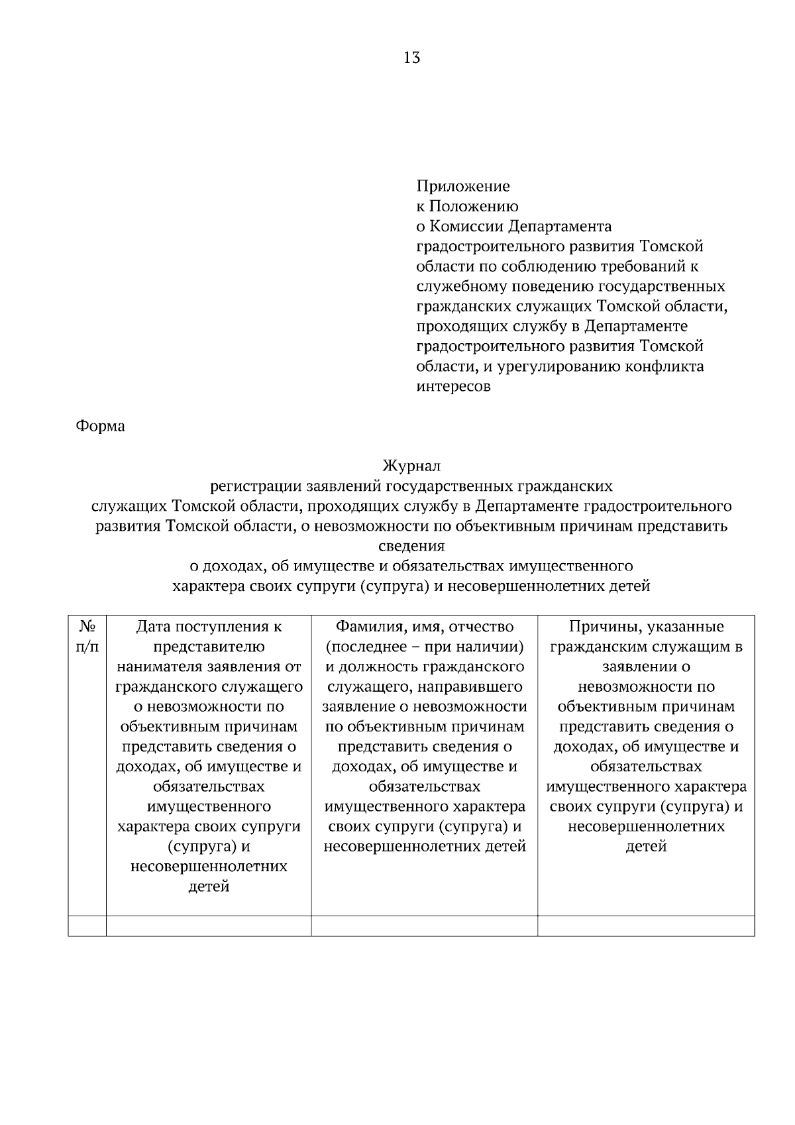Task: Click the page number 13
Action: point(411,58)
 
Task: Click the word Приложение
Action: point(462,186)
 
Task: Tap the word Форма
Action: point(101,426)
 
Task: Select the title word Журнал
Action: point(411,466)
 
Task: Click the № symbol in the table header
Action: point(87,626)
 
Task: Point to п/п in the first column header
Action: point(87,647)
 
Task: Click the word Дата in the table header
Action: point(154,626)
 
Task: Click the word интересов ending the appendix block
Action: point(453,386)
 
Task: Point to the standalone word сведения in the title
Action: point(411,547)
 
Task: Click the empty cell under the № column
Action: point(87,926)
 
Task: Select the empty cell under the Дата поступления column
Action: point(209,926)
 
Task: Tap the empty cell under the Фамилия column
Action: point(424,926)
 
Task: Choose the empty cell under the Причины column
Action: point(646,926)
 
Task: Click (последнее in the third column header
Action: point(362,647)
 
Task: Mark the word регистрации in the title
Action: point(256,487)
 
